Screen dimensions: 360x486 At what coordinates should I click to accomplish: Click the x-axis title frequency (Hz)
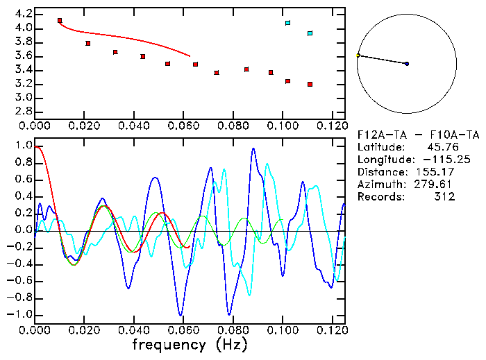[x=190, y=345]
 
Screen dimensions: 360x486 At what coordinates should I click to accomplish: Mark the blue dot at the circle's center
[x=407, y=64]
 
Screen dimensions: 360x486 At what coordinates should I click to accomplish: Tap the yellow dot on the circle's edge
[x=358, y=55]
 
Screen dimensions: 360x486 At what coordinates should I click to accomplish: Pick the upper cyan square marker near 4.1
[x=287, y=23]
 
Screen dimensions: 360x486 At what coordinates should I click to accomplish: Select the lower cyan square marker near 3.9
[x=310, y=33]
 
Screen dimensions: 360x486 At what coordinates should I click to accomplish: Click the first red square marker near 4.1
[x=60, y=21]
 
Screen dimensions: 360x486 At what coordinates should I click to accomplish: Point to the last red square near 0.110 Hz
[x=310, y=84]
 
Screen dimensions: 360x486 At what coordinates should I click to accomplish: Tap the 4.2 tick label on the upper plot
[x=23, y=14]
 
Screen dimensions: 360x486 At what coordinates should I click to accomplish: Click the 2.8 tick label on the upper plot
[x=23, y=112]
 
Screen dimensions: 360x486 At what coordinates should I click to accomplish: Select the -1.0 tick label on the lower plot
[x=20, y=314]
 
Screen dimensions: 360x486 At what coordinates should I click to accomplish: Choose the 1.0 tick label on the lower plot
[x=23, y=146]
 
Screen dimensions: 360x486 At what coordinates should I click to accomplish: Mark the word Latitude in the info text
[x=380, y=147]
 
